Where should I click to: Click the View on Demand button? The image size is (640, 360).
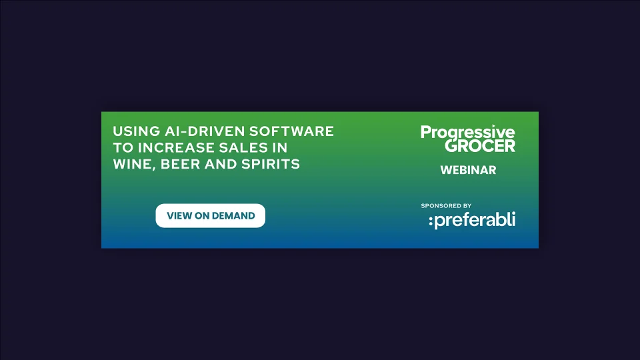210,216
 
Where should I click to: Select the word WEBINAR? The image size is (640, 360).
468,170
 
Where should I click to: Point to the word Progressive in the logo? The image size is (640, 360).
467,133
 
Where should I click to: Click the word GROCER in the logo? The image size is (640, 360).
480,146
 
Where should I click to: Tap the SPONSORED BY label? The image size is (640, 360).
446,206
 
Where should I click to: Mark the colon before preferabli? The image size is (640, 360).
431,221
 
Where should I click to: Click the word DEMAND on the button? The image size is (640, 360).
233,216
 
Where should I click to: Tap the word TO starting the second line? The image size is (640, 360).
123,147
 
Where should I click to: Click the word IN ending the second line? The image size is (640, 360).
280,147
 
